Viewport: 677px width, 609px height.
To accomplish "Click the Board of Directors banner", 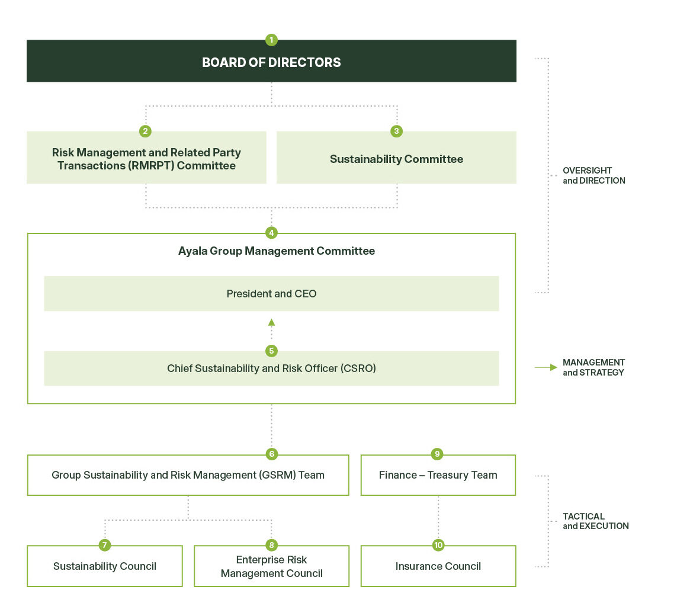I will tap(271, 62).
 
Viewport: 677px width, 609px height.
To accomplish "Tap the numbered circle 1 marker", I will tap(271, 40).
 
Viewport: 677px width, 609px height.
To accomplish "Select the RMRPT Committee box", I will tap(146, 159).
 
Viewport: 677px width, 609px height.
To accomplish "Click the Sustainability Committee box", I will tap(396, 159).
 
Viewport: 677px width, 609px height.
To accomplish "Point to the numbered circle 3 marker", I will tap(397, 131).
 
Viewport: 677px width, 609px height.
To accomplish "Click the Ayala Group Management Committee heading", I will tap(276, 251).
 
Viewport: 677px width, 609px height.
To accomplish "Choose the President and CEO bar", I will tap(271, 294).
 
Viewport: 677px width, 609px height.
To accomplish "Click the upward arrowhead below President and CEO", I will tap(271, 323).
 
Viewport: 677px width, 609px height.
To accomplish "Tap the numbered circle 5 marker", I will tap(271, 351).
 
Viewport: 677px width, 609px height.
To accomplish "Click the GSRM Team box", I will tap(188, 476).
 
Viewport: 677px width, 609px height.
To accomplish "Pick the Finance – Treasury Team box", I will tap(438, 476).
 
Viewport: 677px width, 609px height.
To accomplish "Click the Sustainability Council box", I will tap(105, 567).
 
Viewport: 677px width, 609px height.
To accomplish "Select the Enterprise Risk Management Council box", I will tap(271, 567).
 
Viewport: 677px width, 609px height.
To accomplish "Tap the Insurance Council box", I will tap(438, 567).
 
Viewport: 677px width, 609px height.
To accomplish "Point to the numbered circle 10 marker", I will tap(438, 546).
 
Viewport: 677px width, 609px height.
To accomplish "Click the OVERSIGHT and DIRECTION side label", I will tap(593, 176).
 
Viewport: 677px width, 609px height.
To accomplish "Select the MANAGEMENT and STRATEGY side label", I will tap(593, 367).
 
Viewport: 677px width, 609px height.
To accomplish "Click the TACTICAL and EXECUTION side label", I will tap(595, 521).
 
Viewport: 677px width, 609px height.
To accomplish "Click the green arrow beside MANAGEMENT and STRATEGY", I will tap(546, 367).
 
